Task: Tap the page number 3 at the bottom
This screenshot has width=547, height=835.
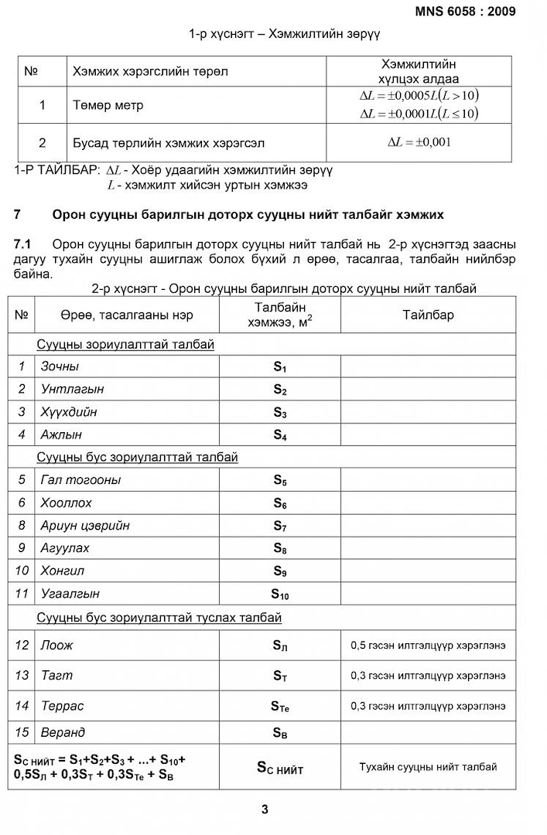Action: [265, 809]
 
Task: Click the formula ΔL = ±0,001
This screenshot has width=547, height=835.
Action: [419, 142]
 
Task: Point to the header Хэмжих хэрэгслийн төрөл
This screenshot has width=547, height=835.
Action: [150, 71]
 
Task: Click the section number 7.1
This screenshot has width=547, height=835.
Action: [22, 245]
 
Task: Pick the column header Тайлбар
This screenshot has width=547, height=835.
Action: [428, 315]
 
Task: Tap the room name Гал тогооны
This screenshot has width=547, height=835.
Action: [80, 480]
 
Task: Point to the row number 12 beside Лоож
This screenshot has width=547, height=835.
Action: [22, 645]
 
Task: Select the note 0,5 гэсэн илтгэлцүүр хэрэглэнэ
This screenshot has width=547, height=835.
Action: [428, 645]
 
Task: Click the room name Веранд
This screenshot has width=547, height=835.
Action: [63, 732]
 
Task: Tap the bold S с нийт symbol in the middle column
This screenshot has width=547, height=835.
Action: [279, 769]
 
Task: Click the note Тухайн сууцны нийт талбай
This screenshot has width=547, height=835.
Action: [428, 767]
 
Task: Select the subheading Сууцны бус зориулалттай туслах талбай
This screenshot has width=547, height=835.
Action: [159, 618]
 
